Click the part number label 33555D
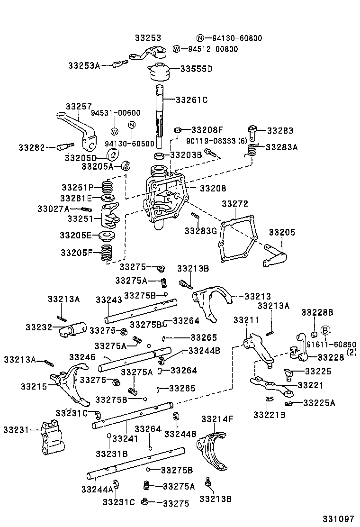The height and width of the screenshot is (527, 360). click(197, 69)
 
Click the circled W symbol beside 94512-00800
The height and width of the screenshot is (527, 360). click(177, 49)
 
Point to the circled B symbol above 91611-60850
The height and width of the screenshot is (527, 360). click(325, 330)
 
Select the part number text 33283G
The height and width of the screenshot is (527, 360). click(200, 231)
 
